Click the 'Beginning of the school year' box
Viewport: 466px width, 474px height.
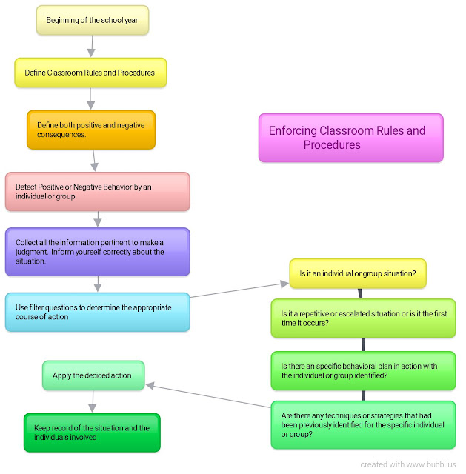(93, 20)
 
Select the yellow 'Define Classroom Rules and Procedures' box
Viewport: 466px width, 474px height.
(90, 73)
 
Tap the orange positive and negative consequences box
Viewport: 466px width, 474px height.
(91, 130)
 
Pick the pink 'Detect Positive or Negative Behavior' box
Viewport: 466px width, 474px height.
(97, 191)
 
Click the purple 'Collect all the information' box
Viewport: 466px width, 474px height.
(97, 252)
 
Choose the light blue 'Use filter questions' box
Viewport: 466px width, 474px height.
(97, 312)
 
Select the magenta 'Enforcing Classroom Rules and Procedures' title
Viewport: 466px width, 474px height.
(350, 138)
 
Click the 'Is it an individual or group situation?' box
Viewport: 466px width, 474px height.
(358, 273)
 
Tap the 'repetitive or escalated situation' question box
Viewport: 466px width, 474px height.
(363, 318)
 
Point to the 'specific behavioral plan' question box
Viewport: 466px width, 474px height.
(363, 370)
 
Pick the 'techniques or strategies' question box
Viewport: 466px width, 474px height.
(363, 424)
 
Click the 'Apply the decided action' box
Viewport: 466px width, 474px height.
(93, 375)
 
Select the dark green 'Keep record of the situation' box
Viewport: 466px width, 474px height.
(92, 433)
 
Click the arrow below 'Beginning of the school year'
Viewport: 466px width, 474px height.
(91, 46)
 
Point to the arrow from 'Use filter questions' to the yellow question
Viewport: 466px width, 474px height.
(237, 290)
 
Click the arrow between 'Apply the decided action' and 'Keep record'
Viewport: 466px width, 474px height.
(93, 401)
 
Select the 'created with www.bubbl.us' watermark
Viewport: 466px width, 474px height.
(410, 464)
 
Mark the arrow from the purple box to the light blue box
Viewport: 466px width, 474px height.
(98, 284)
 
